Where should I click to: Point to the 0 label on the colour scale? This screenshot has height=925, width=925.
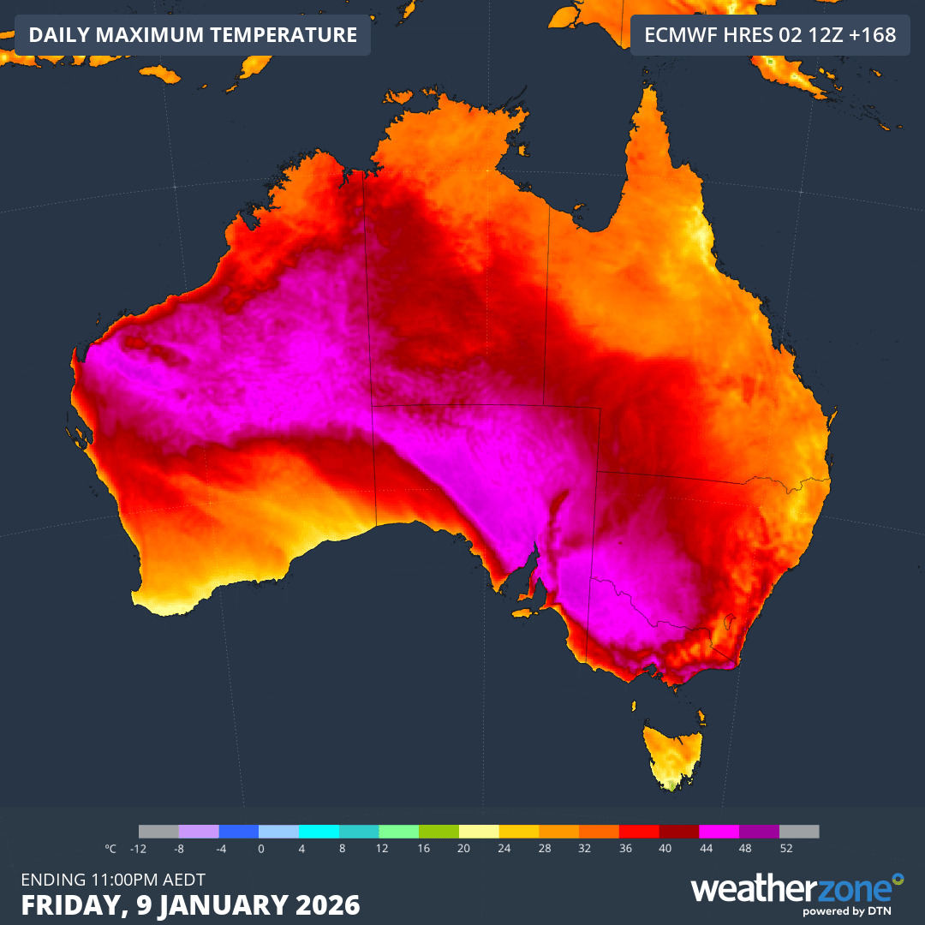pos(260,849)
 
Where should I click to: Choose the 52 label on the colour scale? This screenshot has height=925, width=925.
pos(786,849)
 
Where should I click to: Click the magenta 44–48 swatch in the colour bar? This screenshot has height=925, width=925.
pos(719,832)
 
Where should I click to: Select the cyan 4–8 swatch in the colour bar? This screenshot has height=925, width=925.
pos(319,832)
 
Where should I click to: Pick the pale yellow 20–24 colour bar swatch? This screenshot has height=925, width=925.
pos(479,832)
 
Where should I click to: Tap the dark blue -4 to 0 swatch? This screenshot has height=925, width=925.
pos(239,832)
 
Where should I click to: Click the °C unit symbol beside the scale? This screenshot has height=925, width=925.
pos(110,849)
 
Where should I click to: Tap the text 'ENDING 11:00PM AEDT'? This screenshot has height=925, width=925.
pos(113,879)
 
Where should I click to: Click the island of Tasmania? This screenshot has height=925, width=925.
pos(673,754)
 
